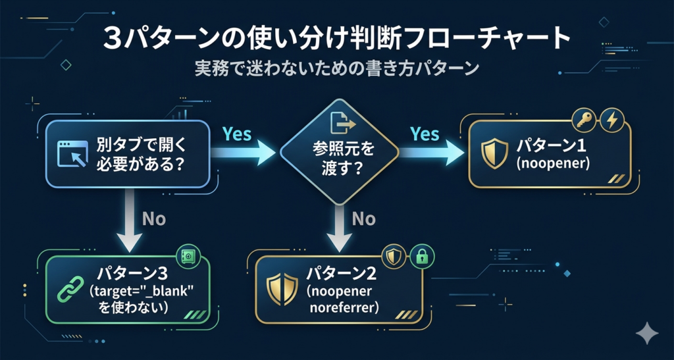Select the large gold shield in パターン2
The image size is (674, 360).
pyautogui.click(x=278, y=288)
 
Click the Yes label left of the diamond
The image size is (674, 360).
pyautogui.click(x=237, y=134)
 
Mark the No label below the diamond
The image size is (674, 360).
pyautogui.click(x=363, y=219)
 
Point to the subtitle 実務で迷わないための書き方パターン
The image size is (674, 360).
pyautogui.click(x=336, y=69)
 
